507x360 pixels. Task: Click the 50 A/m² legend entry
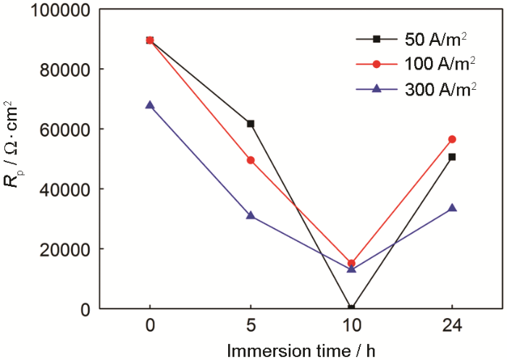424,40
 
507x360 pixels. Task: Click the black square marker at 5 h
251,124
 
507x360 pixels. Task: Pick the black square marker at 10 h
351,308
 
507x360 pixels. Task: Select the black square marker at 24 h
452,156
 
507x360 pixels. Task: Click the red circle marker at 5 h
251,160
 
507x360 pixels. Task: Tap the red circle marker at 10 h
351,264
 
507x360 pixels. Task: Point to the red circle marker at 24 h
452,139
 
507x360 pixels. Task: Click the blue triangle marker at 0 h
150,105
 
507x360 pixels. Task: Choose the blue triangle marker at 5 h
251,215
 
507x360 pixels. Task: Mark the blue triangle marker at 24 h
452,208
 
